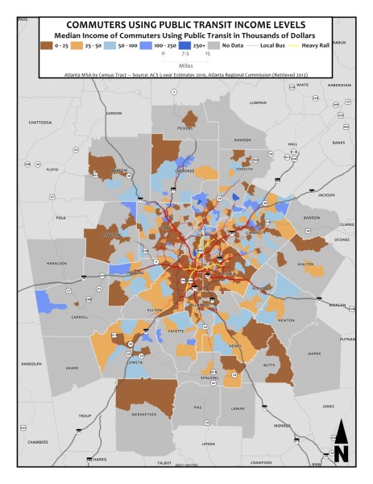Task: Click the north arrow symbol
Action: (x=341, y=442)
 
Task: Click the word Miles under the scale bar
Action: (x=186, y=65)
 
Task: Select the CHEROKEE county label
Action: (x=186, y=171)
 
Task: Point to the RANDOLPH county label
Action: (x=31, y=364)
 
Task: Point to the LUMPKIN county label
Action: (x=258, y=102)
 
